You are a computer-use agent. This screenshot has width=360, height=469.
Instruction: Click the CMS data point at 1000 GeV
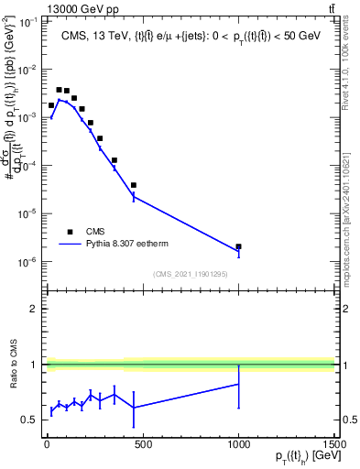(x=238, y=246)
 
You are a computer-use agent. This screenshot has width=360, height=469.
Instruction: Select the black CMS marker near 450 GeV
(x=134, y=185)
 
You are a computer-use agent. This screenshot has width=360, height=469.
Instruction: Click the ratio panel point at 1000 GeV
(x=238, y=384)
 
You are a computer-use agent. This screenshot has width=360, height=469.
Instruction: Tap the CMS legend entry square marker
(x=70, y=232)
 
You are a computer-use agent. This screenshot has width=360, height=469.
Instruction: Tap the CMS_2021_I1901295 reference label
(x=190, y=274)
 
